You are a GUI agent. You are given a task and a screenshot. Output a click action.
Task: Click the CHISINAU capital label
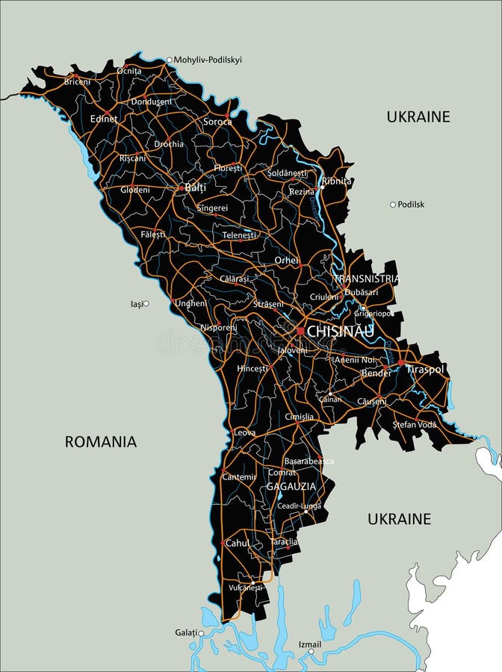340,331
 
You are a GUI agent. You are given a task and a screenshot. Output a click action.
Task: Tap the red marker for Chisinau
300,331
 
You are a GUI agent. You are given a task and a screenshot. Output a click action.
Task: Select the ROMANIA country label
101,441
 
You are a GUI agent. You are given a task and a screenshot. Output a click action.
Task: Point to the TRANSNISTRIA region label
366,279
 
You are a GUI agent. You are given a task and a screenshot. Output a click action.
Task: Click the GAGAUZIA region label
291,486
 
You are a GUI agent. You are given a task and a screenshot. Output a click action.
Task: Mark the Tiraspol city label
426,369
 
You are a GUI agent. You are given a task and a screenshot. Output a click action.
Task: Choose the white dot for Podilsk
393,204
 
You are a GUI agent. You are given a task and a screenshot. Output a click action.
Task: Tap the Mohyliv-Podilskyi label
208,60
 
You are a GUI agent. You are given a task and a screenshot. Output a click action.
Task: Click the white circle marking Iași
146,303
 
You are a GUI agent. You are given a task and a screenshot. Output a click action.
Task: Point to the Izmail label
309,644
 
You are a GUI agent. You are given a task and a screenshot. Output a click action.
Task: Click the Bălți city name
196,187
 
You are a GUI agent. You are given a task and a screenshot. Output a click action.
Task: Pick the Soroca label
217,121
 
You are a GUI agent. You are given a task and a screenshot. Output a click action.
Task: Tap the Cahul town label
238,544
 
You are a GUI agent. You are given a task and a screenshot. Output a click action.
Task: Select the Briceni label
77,81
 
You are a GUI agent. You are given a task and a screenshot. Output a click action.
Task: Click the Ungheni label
190,303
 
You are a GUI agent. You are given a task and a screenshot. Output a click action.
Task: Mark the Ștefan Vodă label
415,424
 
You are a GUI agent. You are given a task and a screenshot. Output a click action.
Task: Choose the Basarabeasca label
309,461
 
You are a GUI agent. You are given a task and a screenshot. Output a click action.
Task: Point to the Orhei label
286,261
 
